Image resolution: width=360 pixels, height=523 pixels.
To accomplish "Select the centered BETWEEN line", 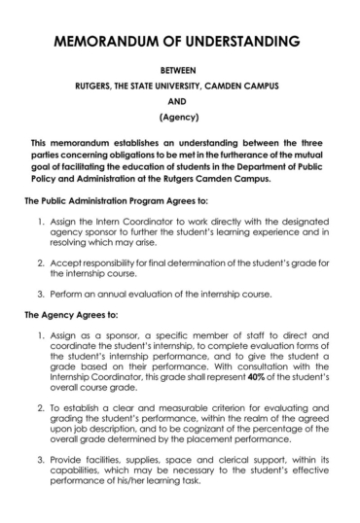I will pos(179,71).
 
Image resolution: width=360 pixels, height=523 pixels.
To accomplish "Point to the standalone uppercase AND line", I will pos(179,104).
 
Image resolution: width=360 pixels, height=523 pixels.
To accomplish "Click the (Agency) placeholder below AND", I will pos(179,121).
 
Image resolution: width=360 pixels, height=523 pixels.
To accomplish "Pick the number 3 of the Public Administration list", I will pos(43,294).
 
